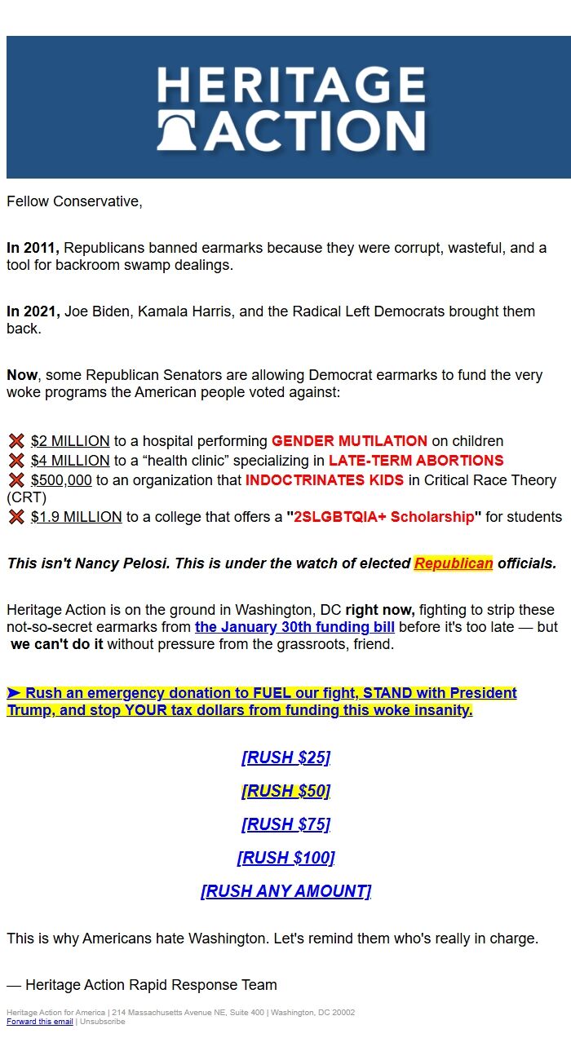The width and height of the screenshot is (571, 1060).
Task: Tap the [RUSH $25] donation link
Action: tap(285, 757)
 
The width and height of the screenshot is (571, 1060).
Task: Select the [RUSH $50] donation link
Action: tap(285, 791)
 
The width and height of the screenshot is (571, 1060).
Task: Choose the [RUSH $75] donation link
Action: tap(285, 824)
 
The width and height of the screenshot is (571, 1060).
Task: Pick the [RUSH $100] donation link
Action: tap(285, 858)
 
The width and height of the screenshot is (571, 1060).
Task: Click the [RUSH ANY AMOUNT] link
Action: tap(285, 891)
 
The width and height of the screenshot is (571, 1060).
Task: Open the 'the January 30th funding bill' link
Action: tap(294, 627)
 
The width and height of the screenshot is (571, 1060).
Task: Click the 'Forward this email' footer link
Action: tap(40, 1022)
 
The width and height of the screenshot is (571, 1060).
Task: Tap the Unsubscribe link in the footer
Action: tap(102, 1022)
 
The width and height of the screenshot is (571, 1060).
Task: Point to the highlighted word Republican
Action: tap(454, 563)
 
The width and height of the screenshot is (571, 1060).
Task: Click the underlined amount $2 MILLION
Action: tap(70, 441)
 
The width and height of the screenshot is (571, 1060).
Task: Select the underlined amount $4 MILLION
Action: tap(70, 461)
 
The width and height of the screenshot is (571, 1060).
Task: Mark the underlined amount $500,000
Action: tap(61, 480)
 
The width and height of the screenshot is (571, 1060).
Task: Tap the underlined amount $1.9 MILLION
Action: tap(77, 517)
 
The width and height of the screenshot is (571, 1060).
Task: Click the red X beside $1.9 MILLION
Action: tap(16, 517)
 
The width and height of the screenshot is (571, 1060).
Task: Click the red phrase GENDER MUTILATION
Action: tap(349, 441)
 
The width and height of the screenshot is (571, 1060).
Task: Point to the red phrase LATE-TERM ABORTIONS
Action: tap(416, 461)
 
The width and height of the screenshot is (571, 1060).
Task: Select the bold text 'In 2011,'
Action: tap(33, 248)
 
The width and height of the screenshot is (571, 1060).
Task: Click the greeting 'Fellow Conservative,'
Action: tap(74, 201)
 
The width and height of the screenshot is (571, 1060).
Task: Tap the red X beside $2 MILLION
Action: tap(16, 441)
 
